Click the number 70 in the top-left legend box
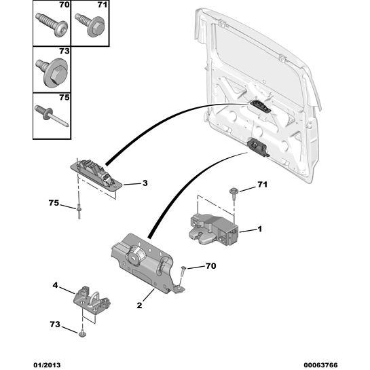pos(64,5)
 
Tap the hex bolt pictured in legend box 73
pos(52,71)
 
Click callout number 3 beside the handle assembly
pos(145,183)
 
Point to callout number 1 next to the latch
pos(259,229)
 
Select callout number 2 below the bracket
pos(139,305)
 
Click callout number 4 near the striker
pos(55,285)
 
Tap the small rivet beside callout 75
pos(79,212)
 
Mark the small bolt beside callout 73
pos(82,333)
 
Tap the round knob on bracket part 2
pos(135,255)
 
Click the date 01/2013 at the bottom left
pos(47,365)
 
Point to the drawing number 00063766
pos(320,365)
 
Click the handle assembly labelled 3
pos(96,174)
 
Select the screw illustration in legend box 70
pos(52,25)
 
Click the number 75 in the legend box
pos(64,97)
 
